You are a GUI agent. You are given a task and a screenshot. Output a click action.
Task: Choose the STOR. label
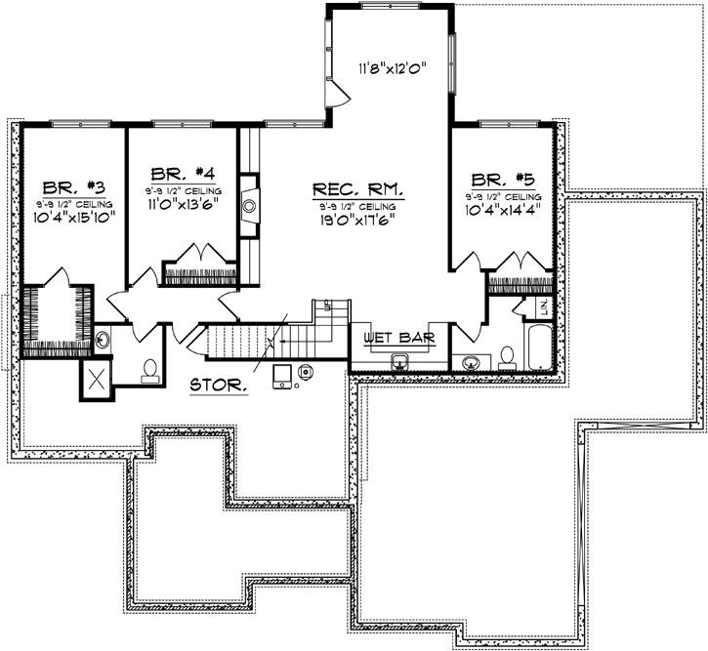tap(218, 385)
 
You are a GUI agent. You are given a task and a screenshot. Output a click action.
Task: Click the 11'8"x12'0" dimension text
tap(391, 69)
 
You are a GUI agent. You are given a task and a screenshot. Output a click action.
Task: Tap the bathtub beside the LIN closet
tap(539, 348)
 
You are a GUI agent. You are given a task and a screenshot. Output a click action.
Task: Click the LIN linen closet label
tap(544, 307)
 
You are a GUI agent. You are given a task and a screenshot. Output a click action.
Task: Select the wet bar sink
tap(398, 361)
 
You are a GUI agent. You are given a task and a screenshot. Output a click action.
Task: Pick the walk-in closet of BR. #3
tap(58, 317)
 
